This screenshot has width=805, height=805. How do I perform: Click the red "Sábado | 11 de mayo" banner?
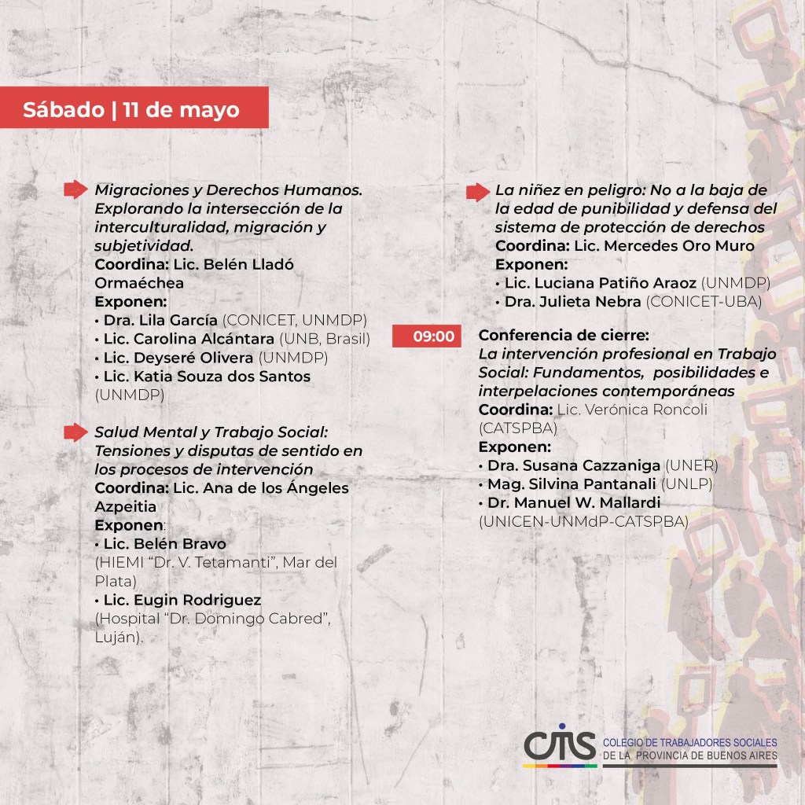coord(134,108)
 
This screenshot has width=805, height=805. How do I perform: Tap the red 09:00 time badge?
coord(427,336)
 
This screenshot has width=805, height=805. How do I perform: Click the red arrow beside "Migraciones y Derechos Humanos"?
coord(75,189)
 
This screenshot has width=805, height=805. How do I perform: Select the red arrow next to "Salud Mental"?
coord(75,432)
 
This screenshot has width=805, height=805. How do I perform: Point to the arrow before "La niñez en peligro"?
coord(477,192)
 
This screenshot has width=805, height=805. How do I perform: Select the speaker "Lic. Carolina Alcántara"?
coord(189,339)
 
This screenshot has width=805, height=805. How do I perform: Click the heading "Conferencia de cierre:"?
coord(564,335)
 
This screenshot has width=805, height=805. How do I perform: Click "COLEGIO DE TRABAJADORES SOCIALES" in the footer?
coord(689,743)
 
